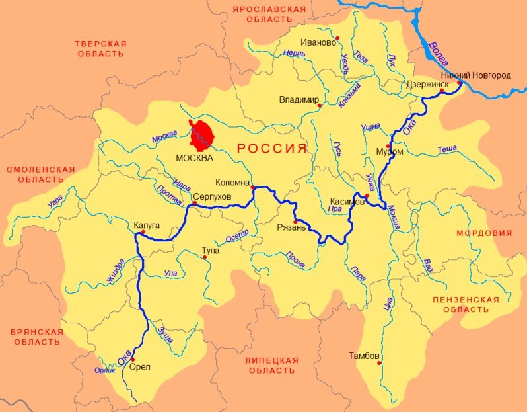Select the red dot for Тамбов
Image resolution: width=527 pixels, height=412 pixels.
[x=379, y=363]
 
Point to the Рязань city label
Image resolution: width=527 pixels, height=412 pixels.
[x=291, y=228]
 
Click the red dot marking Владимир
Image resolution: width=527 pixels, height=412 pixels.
[x=320, y=105]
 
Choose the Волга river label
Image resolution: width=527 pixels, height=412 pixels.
[x=438, y=54]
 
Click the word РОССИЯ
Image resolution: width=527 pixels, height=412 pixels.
[x=272, y=148]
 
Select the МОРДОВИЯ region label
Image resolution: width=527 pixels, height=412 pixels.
[x=484, y=233]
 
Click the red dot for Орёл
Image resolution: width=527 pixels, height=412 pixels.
[x=133, y=350]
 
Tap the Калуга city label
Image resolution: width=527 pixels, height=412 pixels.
[x=147, y=225]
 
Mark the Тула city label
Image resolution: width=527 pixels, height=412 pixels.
[x=211, y=251]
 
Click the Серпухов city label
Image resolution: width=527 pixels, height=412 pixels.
[x=212, y=197]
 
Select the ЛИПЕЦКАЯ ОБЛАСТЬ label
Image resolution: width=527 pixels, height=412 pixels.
[x=271, y=365]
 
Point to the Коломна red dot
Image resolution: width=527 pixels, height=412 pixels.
[x=253, y=188]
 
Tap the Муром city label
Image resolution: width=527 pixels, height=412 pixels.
[x=389, y=151]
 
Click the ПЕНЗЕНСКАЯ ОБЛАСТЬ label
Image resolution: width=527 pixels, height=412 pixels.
[x=466, y=304]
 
